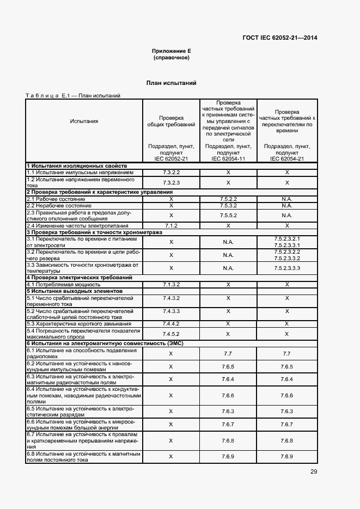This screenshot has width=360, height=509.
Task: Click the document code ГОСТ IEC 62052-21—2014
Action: (279, 38)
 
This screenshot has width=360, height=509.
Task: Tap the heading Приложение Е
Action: (171, 51)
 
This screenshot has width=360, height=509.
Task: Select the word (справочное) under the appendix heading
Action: (171, 57)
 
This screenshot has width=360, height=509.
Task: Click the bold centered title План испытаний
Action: (171, 83)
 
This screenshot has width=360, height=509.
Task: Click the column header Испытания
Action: (84, 121)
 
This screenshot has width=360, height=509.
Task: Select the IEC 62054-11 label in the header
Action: (228, 158)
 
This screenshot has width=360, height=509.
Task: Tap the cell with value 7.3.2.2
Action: (171, 172)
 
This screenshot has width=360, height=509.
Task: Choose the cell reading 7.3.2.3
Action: (171, 182)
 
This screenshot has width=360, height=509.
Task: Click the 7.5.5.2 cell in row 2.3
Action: (228, 216)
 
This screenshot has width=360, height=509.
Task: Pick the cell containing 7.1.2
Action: (171, 225)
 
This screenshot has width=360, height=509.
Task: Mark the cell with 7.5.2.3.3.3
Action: (287, 268)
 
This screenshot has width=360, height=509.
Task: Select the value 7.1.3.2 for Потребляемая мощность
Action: (171, 284)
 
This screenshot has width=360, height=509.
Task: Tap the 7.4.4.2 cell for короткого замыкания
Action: (171, 324)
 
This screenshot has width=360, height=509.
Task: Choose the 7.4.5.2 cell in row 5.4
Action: (171, 334)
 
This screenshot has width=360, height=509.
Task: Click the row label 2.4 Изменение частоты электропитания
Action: (77, 225)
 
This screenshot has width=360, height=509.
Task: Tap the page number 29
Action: (313, 471)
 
